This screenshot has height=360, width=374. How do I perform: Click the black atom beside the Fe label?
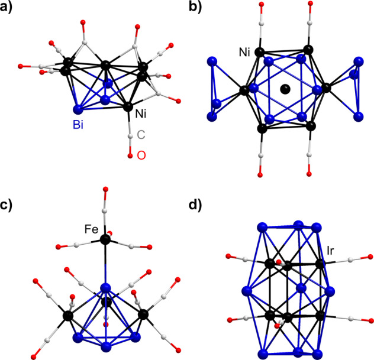[106, 239]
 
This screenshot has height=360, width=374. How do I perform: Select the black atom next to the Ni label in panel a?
[128, 107]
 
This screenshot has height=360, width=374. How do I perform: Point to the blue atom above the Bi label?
[78, 109]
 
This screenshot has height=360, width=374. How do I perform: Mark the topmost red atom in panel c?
[105, 190]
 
